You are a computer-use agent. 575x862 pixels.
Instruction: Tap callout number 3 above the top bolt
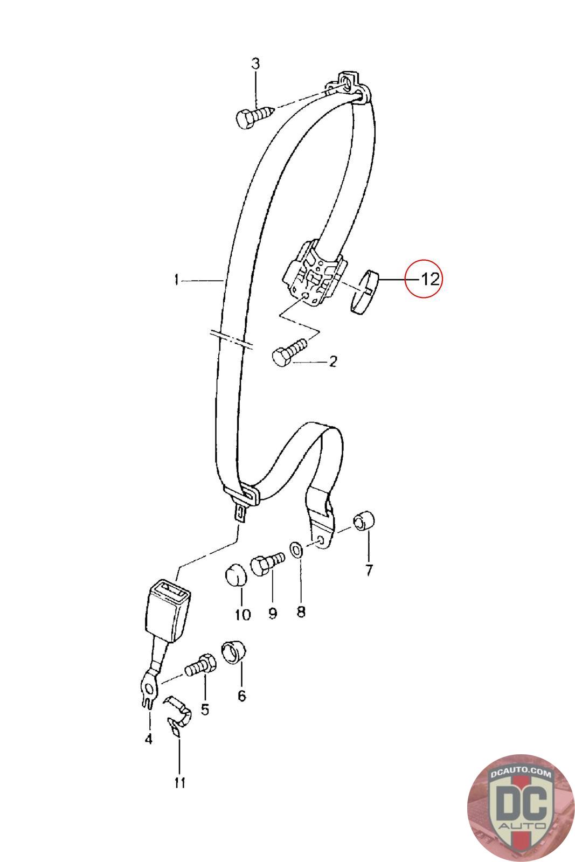[x=255, y=64]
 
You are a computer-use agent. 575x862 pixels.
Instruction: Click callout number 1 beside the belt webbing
[x=176, y=280]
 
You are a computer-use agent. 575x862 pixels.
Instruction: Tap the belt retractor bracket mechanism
[x=311, y=274]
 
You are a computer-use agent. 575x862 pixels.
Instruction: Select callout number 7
[x=369, y=570]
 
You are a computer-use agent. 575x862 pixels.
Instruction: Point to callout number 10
[x=243, y=614]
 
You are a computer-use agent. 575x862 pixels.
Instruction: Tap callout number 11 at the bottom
[x=179, y=783]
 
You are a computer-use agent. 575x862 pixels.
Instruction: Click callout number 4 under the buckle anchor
[x=148, y=739]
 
